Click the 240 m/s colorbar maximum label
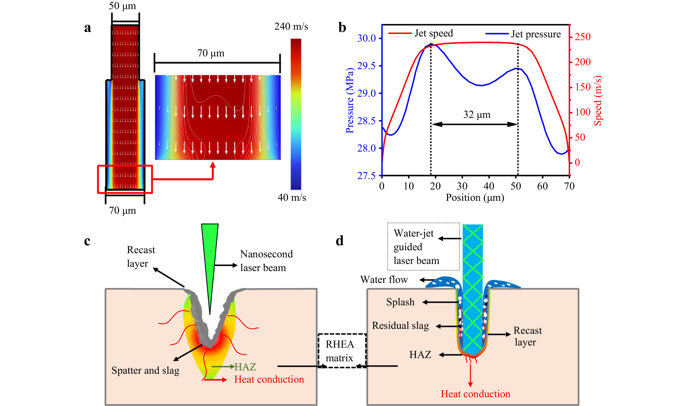291,27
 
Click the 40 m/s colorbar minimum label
292,197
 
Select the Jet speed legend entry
421,33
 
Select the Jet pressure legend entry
523,34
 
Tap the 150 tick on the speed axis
582,87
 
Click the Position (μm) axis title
475,198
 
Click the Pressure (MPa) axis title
350,100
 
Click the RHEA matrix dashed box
342,351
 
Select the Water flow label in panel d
384,280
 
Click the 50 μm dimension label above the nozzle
122,6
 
